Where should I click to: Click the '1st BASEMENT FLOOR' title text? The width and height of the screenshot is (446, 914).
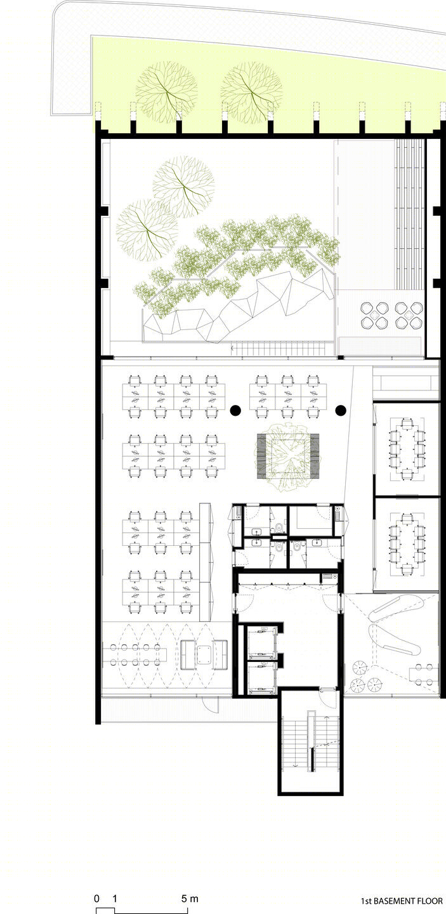(x=402, y=901)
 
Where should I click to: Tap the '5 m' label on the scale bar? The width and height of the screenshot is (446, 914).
(x=190, y=898)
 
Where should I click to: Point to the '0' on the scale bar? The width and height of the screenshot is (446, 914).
(x=96, y=898)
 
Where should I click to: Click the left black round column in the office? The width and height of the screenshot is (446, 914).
(x=235, y=410)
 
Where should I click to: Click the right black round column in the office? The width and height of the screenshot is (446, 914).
(x=341, y=410)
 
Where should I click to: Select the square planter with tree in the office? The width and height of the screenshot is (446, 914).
(x=288, y=456)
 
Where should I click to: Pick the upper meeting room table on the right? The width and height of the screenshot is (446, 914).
(x=407, y=448)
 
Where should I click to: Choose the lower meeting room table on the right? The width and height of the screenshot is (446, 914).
(x=407, y=545)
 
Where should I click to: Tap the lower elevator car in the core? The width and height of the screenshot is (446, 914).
(x=263, y=678)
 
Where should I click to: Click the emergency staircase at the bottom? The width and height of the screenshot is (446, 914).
(x=311, y=742)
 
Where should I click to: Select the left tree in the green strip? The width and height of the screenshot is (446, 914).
(x=167, y=92)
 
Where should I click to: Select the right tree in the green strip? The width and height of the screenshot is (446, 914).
(x=251, y=92)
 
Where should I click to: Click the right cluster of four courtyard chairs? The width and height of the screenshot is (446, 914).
(x=409, y=315)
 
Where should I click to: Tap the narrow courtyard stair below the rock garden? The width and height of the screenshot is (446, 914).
(x=279, y=348)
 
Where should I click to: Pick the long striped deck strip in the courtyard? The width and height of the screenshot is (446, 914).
(x=410, y=215)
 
